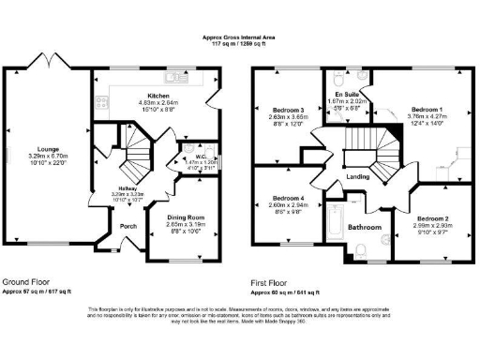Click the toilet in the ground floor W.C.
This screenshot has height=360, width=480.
point(212,150)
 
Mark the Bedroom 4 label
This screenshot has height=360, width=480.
point(290,199)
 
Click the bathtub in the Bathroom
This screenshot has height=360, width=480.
point(335,221)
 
